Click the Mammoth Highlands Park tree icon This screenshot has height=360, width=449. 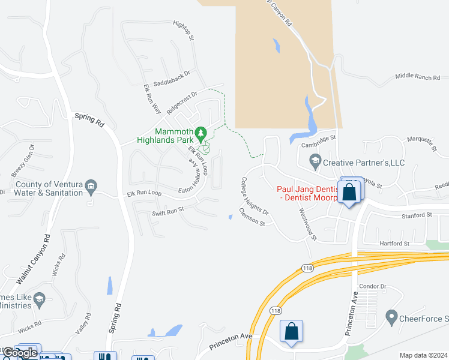202,132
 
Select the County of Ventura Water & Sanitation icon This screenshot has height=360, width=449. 90,186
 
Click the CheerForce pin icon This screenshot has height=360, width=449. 392,316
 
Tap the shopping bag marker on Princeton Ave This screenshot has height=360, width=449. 291,332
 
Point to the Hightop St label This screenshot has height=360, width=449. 184,30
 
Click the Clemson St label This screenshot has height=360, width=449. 252,217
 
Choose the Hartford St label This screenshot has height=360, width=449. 394,244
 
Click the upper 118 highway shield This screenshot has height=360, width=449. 308,268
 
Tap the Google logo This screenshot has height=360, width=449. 20,353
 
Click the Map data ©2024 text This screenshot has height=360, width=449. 423,355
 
